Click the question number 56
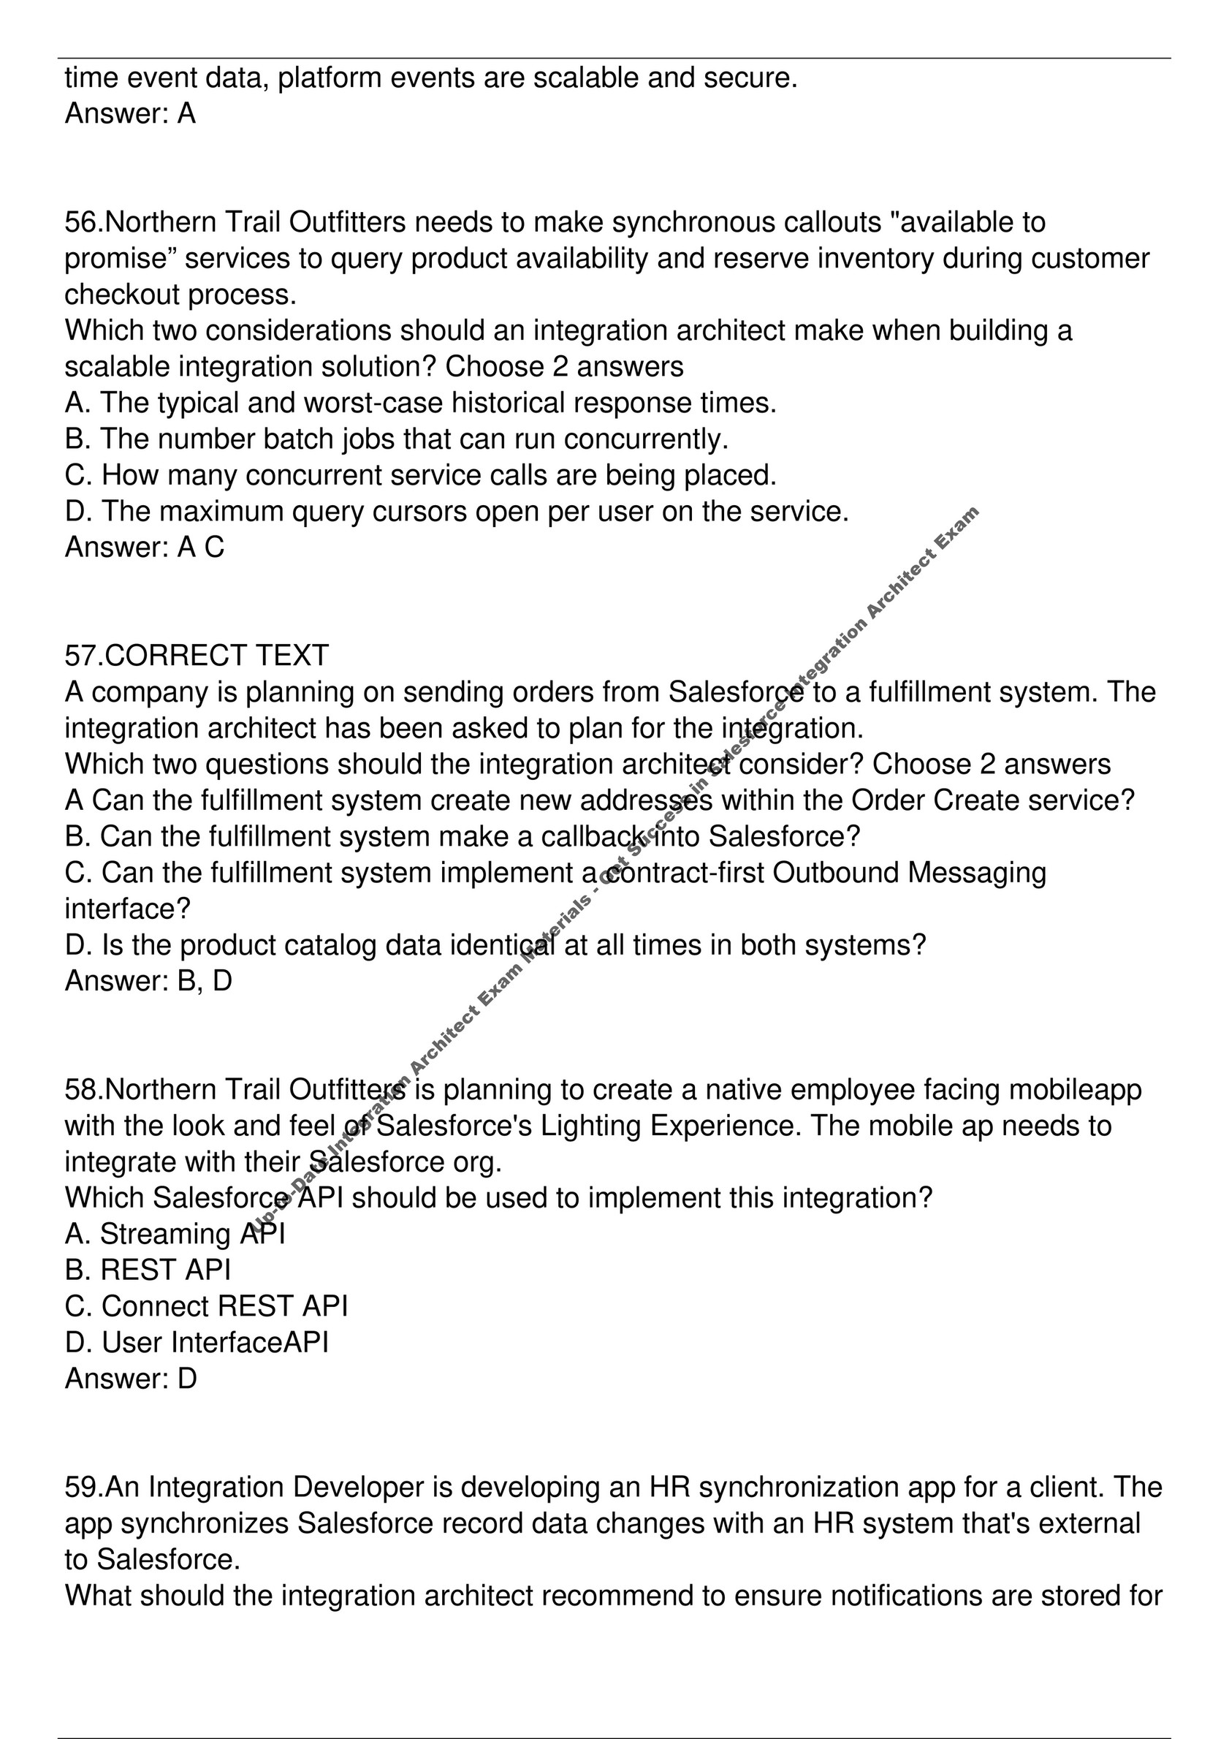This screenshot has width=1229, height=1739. [81, 223]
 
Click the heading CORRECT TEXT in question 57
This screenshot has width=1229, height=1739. [216, 655]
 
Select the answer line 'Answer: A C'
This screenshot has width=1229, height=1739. [145, 547]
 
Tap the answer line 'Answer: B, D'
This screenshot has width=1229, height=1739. [148, 981]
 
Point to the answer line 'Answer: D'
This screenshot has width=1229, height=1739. [131, 1379]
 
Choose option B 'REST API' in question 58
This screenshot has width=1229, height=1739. [148, 1270]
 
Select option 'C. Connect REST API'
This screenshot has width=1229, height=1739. [206, 1306]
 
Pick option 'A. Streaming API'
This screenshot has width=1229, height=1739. [175, 1234]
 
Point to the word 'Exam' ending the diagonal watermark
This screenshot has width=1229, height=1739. [958, 526]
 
